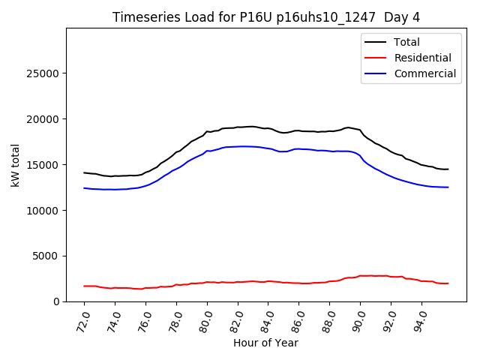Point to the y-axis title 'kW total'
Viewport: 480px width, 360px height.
tap(16, 165)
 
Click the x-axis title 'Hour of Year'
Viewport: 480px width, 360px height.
tap(265, 343)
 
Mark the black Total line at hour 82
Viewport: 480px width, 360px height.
tap(238, 127)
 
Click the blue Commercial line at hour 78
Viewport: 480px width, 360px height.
tap(176, 169)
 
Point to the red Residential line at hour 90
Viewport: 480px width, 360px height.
tap(360, 276)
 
